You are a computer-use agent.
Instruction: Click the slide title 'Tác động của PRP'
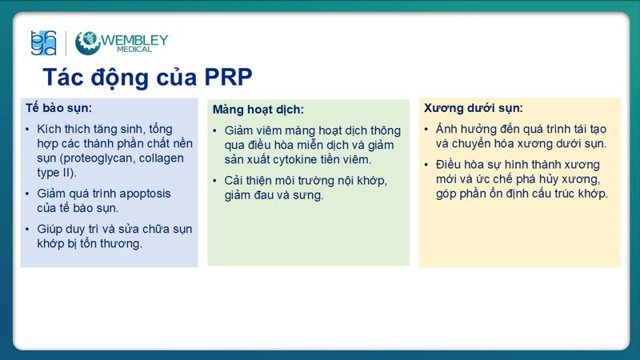(x=147, y=78)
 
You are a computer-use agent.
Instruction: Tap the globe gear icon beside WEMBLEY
(x=87, y=42)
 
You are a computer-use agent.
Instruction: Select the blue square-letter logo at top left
(x=43, y=42)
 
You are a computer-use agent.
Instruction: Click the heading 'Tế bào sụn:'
(x=58, y=107)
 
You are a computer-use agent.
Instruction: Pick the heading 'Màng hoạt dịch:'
(x=258, y=110)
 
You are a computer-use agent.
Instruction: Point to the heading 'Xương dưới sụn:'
(x=474, y=107)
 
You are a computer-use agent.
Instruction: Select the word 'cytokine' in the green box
(x=296, y=159)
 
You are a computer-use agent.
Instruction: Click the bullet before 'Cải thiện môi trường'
(x=215, y=181)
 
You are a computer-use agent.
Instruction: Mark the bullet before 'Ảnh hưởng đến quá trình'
(x=426, y=129)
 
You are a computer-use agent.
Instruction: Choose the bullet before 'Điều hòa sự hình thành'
(x=426, y=165)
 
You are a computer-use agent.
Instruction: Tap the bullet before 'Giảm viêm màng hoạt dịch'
(x=215, y=130)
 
